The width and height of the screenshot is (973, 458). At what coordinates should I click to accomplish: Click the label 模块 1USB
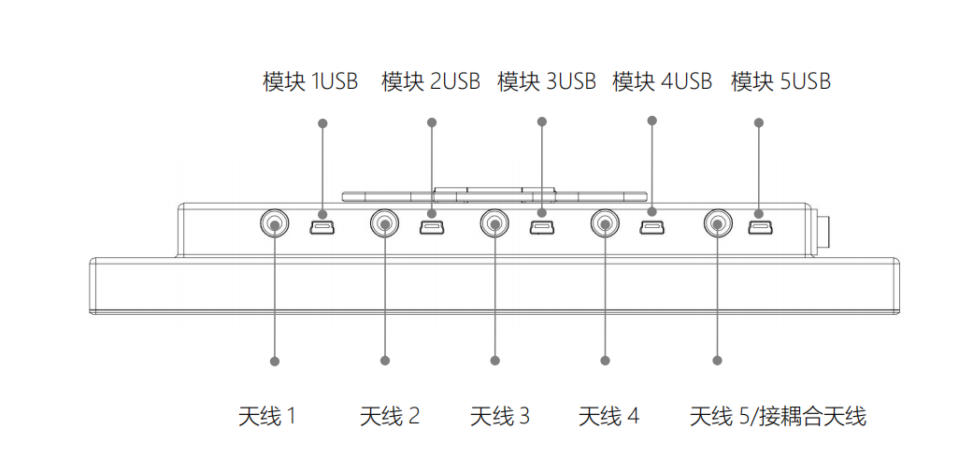tap(310, 82)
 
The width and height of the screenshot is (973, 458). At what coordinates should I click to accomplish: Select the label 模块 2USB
tap(431, 82)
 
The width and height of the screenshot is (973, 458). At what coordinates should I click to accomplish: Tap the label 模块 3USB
tap(547, 82)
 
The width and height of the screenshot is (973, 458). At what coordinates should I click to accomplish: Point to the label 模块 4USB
tap(662, 82)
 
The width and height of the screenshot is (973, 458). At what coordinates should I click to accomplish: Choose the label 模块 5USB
tap(780, 82)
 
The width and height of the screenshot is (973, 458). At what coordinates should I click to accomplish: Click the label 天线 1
tap(267, 416)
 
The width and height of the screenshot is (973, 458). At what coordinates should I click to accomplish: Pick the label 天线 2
tap(390, 416)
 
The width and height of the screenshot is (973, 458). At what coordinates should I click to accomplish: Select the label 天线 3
tap(499, 416)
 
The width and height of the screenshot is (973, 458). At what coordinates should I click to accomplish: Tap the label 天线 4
tap(608, 416)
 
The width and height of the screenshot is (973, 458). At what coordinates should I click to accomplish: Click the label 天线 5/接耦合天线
tap(778, 416)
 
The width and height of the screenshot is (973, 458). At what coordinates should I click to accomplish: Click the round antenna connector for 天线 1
tap(274, 223)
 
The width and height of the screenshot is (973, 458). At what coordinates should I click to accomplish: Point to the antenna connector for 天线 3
tap(494, 223)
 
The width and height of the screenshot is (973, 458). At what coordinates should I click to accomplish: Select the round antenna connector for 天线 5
tap(717, 223)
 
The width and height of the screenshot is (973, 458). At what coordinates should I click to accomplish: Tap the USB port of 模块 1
tap(322, 226)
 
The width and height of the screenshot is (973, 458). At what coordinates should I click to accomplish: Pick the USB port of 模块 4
tap(651, 226)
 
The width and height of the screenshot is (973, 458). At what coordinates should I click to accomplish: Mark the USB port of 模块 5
tap(759, 226)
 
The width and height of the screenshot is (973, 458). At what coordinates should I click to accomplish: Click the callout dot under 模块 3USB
tap(541, 121)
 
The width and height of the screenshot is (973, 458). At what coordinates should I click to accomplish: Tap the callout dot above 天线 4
tap(605, 360)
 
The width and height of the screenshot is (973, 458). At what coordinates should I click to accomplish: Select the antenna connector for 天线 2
tap(384, 223)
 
